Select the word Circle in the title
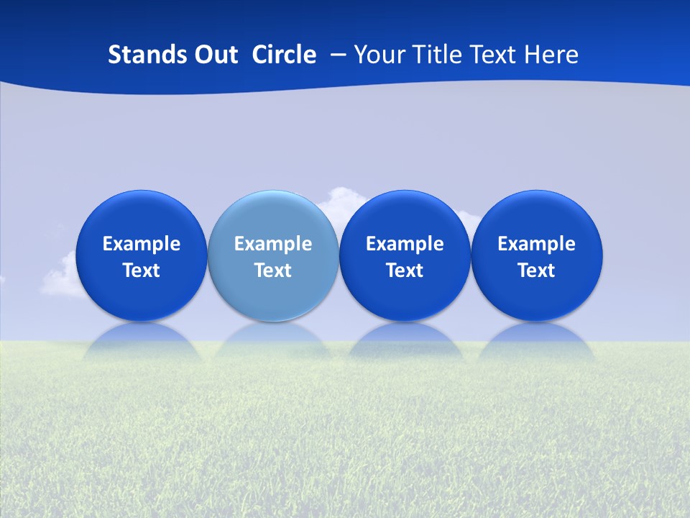(284, 55)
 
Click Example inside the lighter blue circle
(273, 244)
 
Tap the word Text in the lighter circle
(273, 271)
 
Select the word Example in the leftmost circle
(142, 244)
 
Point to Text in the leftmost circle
(142, 271)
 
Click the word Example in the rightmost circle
(536, 244)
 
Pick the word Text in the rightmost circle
(536, 271)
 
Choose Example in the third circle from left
(405, 244)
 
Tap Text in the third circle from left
(405, 271)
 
